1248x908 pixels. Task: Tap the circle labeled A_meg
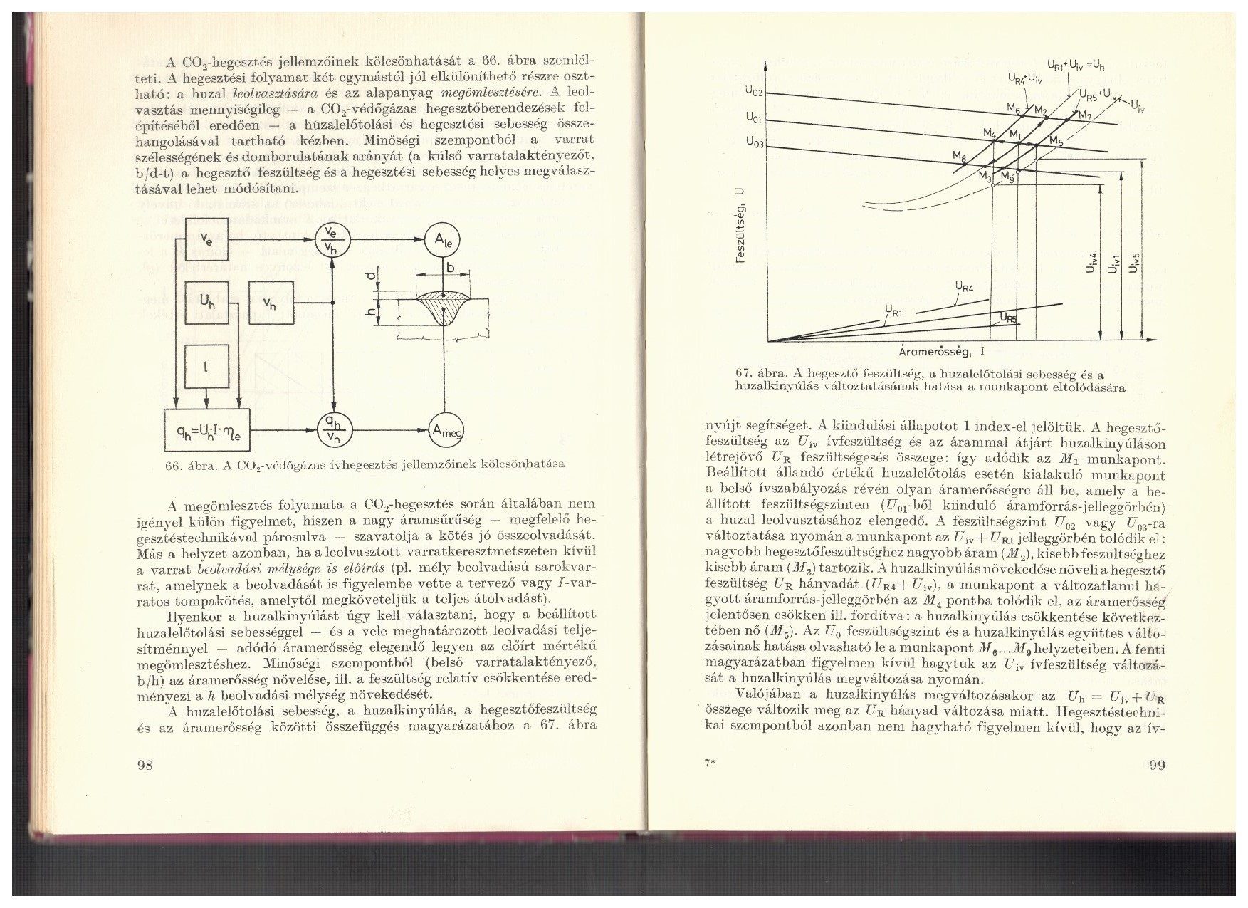click(444, 429)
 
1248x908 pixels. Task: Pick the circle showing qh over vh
click(332, 429)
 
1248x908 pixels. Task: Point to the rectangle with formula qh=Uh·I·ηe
click(207, 430)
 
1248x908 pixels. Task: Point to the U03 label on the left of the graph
click(754, 143)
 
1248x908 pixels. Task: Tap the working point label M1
click(1015, 134)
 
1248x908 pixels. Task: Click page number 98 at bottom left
click(146, 766)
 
